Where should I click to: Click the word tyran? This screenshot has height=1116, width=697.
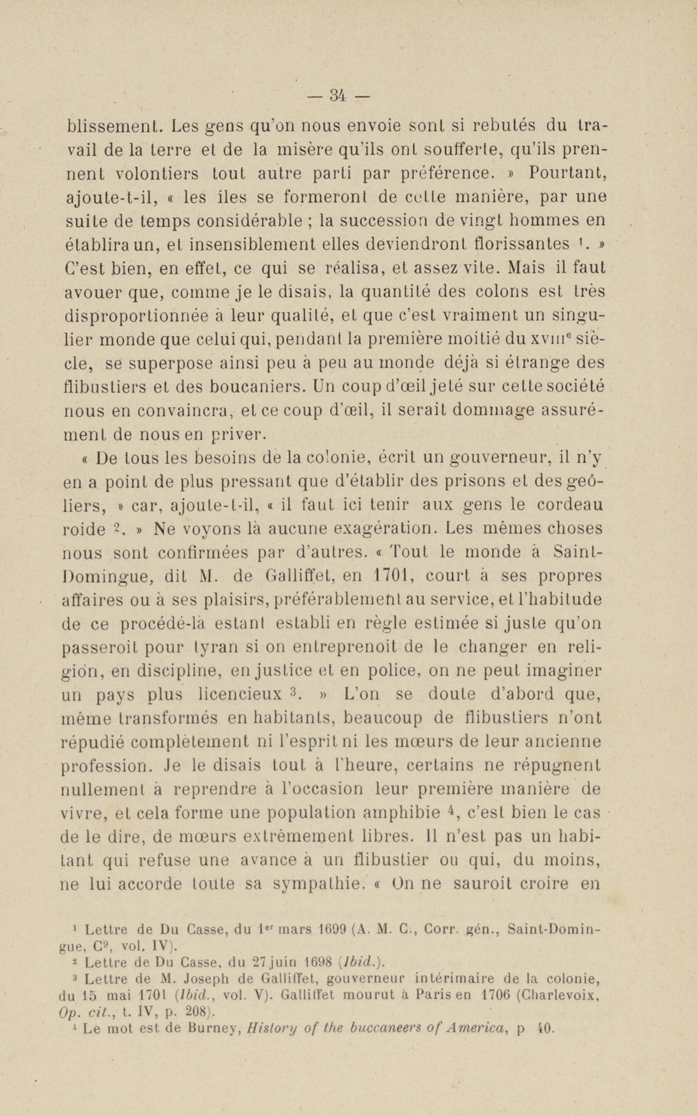[x=212, y=647]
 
